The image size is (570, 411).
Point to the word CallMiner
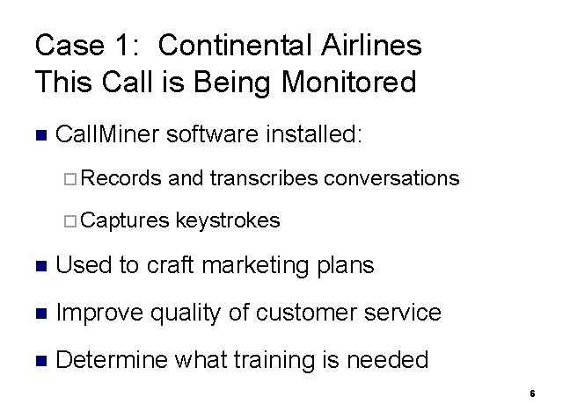[106, 134]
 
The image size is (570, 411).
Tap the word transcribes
[264, 178]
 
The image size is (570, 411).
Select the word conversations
[391, 178]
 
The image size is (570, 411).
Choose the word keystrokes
[228, 220]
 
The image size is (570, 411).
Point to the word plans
[346, 265]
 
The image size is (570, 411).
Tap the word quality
[182, 313]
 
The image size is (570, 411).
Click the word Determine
[112, 359]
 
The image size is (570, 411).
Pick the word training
[287, 360]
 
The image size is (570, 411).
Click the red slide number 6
[532, 393]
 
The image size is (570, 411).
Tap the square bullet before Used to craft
[38, 265]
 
